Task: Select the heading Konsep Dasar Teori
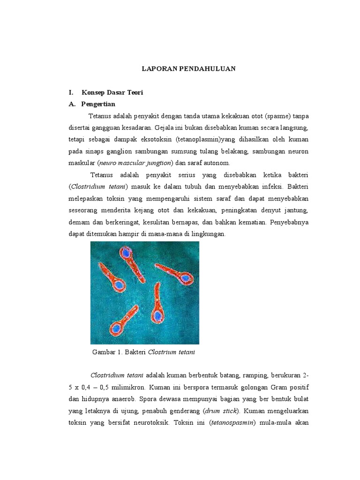click(x=112, y=93)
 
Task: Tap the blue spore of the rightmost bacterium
click(x=186, y=278)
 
